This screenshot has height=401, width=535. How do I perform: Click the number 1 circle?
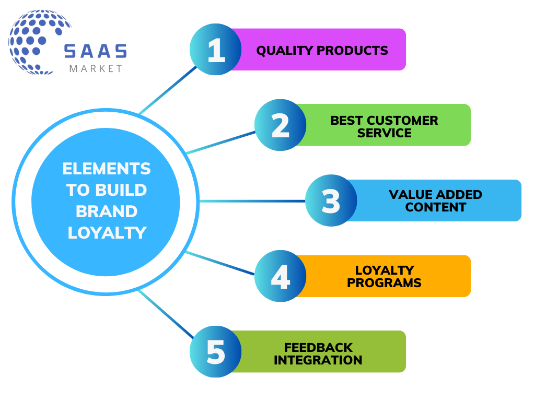click(215, 50)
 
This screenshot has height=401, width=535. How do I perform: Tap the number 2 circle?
click(281, 125)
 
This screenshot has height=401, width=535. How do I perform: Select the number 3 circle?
click(331, 200)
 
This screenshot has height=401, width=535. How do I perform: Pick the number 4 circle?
click(281, 276)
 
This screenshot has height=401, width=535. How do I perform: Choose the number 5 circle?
click(215, 351)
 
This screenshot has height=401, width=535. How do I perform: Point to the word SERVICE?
click(384, 133)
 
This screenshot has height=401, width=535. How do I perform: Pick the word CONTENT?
click(435, 207)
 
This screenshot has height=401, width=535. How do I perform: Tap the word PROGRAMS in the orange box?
click(384, 283)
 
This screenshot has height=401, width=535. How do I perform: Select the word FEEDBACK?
click(318, 347)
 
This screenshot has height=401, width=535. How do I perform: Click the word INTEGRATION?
click(318, 360)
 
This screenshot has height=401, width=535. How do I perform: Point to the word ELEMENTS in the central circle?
click(106, 169)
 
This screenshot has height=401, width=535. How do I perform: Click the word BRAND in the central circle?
click(106, 211)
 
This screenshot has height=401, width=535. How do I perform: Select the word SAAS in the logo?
click(95, 51)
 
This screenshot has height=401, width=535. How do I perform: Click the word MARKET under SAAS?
click(95, 68)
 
